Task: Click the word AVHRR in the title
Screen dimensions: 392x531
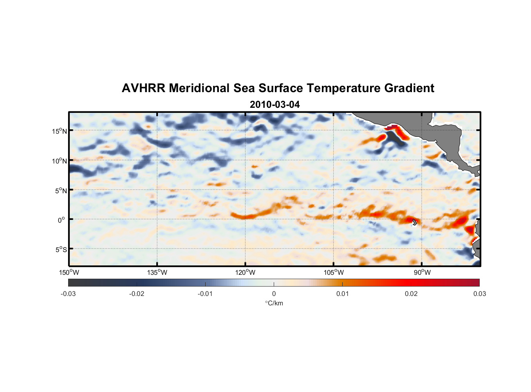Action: [143, 88]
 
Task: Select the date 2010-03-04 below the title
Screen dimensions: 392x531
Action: [275, 105]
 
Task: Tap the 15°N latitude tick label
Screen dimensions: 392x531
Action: [60, 131]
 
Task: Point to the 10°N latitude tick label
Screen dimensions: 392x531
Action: [60, 161]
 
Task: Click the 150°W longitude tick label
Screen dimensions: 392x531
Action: [69, 272]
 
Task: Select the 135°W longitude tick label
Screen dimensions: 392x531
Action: [157, 272]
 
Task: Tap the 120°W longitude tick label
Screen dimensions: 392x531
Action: [245, 272]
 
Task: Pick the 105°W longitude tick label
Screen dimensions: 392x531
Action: [334, 272]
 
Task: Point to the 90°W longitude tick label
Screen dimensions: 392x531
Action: [422, 272]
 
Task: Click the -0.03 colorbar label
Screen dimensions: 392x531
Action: [68, 294]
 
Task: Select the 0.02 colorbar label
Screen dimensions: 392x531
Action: [411, 294]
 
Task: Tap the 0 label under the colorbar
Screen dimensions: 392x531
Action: [274, 294]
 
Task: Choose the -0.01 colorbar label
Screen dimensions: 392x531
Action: [205, 294]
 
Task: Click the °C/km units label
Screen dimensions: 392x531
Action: [274, 303]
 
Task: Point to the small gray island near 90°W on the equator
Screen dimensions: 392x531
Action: [414, 222]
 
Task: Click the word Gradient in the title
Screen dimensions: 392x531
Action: [409, 88]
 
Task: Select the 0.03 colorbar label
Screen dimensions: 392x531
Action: [479, 294]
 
